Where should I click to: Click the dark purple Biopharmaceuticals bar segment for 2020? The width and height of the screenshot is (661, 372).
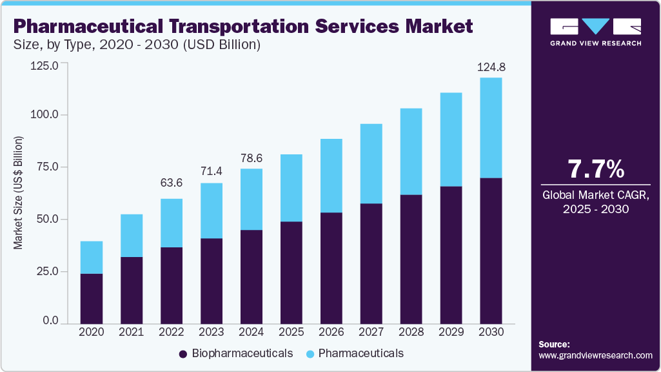click(91, 298)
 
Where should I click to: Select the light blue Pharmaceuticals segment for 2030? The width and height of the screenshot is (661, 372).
click(491, 127)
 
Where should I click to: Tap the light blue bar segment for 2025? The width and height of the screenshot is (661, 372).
click(291, 187)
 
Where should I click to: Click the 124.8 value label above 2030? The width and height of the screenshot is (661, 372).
click(491, 67)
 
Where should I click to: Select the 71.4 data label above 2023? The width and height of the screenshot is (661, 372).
click(211, 172)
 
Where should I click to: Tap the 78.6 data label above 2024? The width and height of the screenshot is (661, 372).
click(251, 157)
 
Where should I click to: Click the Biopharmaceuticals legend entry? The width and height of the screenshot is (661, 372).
click(235, 353)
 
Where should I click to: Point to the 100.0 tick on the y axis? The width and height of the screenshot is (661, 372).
click(45, 114)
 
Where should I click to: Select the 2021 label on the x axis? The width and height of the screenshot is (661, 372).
click(131, 331)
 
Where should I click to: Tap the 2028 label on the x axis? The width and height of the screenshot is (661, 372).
click(411, 331)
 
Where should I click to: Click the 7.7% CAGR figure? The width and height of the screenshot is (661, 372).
click(595, 169)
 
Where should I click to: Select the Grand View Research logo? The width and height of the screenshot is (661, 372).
click(595, 31)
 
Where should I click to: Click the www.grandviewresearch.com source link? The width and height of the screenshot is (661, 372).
click(595, 355)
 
